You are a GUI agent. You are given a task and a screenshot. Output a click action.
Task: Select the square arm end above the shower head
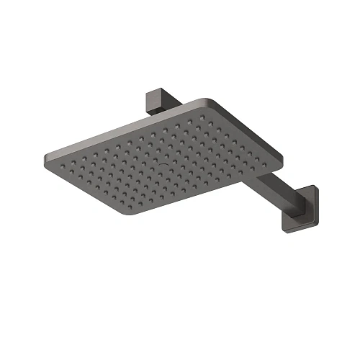point(158,100)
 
